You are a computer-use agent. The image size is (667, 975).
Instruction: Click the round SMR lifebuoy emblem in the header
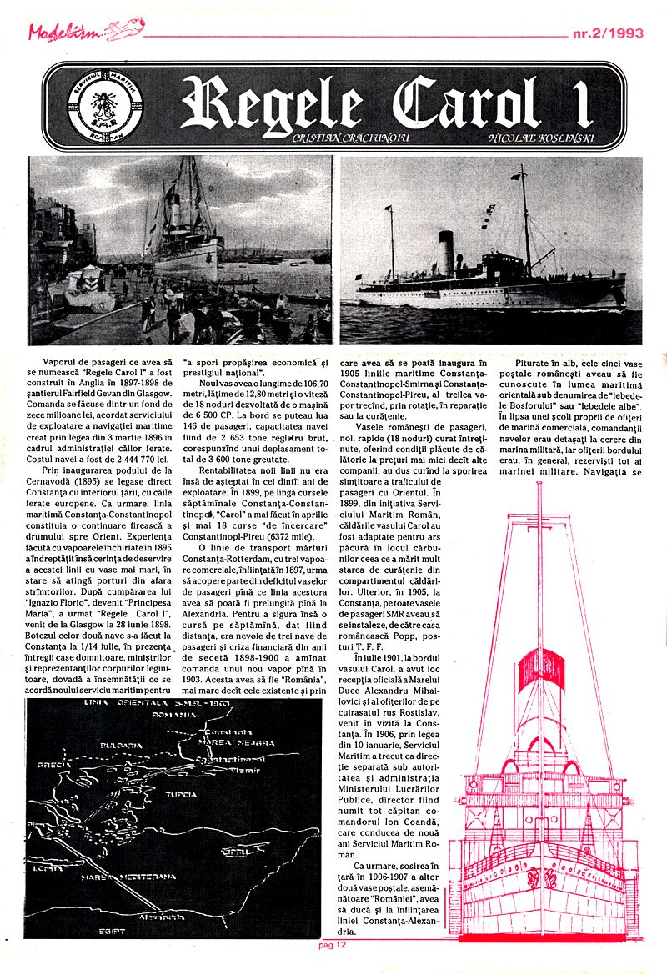click(x=93, y=107)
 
